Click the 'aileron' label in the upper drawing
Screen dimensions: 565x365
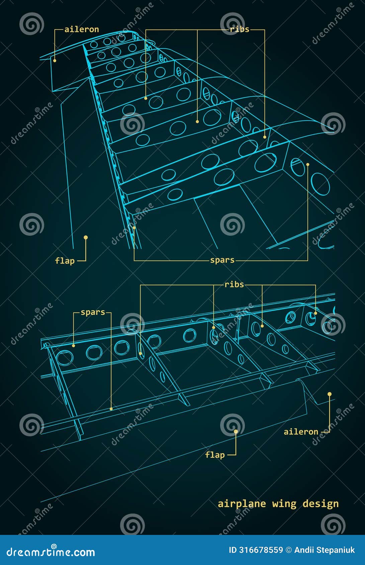82,29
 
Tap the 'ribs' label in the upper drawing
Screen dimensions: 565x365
240,29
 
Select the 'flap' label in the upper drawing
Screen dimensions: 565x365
65,261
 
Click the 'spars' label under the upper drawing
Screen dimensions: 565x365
222,260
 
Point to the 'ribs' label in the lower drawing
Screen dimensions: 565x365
234,285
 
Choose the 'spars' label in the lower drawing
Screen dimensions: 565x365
93,312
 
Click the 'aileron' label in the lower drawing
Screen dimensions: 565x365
301,432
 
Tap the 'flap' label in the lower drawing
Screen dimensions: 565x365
215,455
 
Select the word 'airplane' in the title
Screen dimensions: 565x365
242,503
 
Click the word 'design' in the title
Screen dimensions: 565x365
321,503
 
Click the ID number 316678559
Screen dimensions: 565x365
261,550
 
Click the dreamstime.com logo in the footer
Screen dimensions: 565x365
51,552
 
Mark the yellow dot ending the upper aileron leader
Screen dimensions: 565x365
55,61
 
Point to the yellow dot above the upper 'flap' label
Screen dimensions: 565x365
86,237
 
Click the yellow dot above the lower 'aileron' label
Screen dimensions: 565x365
330,394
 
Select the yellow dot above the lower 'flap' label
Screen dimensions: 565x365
236,432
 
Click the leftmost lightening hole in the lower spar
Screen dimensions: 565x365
64,358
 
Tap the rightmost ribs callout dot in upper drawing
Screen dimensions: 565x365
265,137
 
